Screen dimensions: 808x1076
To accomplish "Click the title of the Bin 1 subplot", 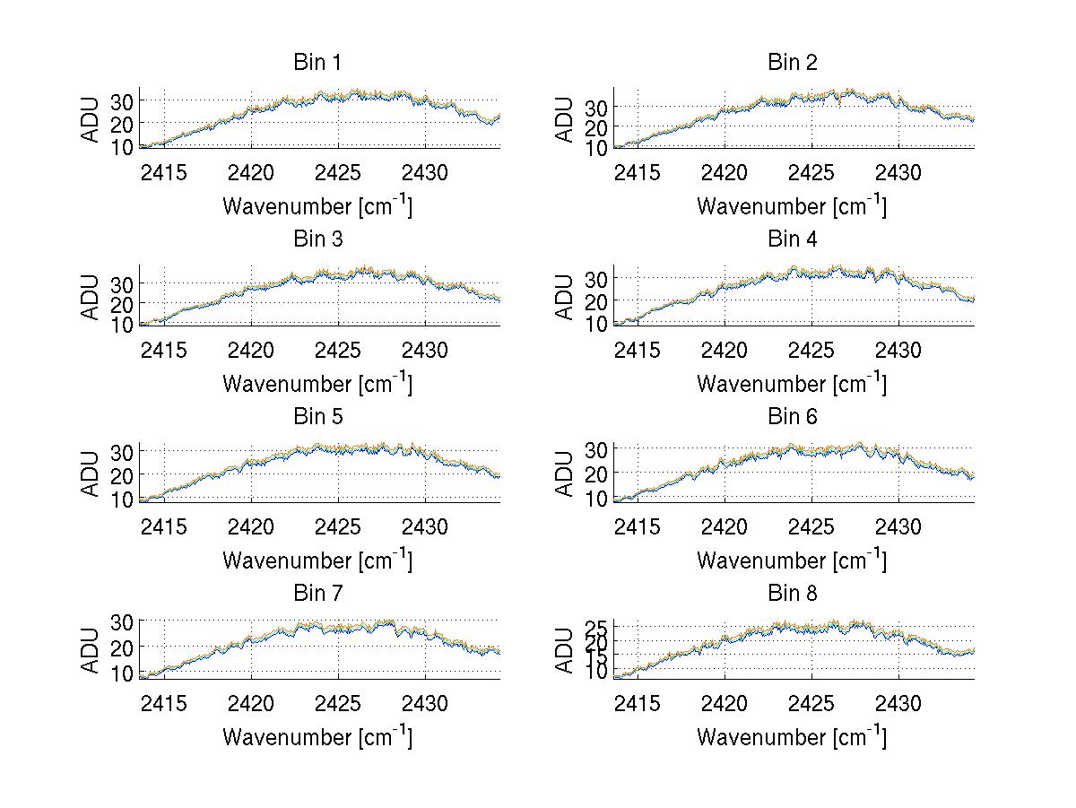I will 317,63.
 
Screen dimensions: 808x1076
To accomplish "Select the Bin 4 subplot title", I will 792,239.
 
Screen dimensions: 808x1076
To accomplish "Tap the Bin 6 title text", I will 792,416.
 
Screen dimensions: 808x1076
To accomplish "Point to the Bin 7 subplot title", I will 317,594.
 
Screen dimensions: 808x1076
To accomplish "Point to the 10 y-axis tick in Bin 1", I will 122,146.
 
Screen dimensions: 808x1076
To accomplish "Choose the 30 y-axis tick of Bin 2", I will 596,107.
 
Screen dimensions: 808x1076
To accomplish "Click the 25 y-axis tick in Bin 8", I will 596,626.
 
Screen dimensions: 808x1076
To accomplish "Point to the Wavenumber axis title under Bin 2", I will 792,206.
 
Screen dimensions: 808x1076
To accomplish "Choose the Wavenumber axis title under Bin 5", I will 317,560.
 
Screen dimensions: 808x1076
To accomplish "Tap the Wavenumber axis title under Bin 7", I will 317,737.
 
